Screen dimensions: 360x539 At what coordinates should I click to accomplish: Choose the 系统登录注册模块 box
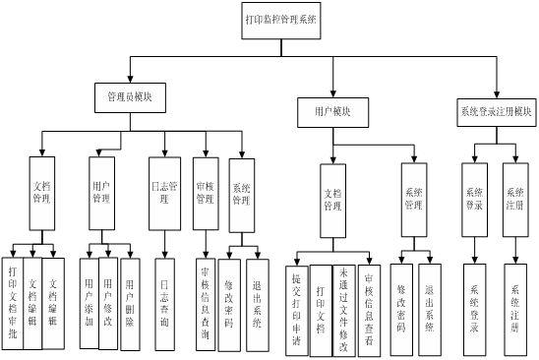click(496, 109)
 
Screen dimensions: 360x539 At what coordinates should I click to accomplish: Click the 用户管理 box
click(100, 190)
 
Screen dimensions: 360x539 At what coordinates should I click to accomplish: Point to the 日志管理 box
click(164, 190)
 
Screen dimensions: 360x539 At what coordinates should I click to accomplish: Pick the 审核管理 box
click(206, 190)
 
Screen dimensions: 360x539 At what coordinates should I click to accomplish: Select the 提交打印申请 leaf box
click(298, 309)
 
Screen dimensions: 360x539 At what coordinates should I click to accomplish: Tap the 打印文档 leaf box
click(321, 309)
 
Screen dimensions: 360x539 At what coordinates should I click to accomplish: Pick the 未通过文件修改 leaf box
click(343, 309)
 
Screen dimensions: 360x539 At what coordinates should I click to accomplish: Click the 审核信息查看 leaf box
click(368, 309)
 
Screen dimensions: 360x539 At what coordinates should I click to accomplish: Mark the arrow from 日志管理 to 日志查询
click(164, 241)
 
